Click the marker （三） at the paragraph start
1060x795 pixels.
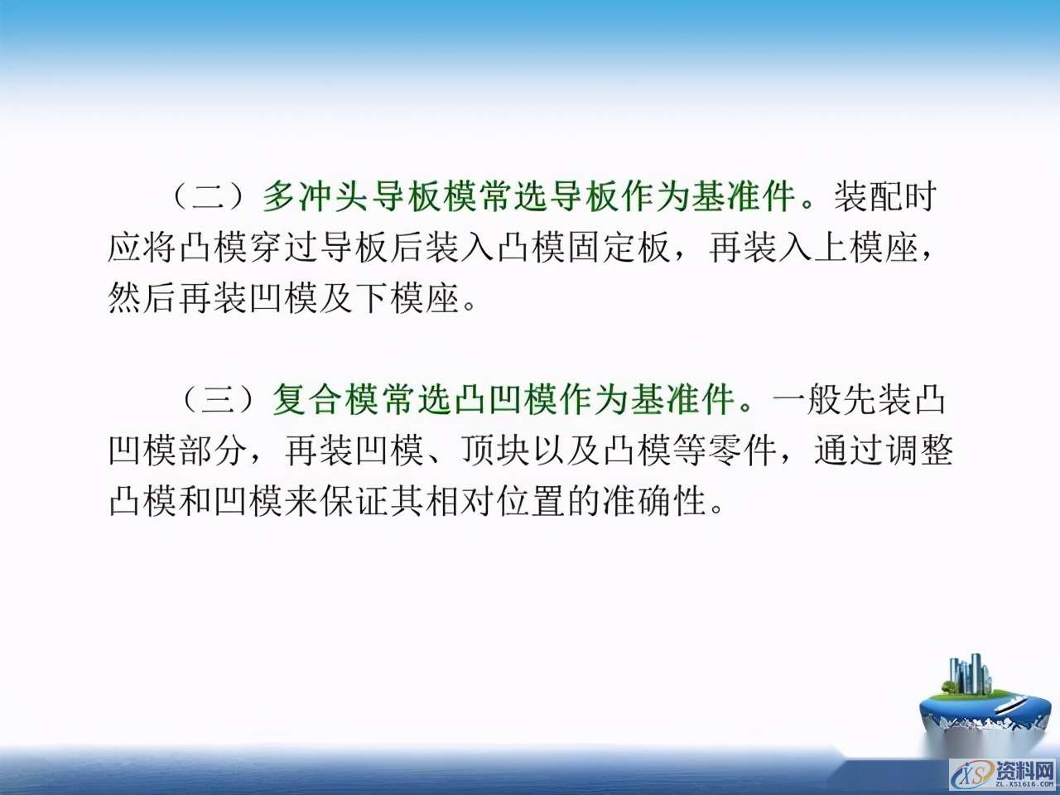[219, 400]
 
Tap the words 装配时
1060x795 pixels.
[885, 197]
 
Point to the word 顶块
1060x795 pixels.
[496, 450]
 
